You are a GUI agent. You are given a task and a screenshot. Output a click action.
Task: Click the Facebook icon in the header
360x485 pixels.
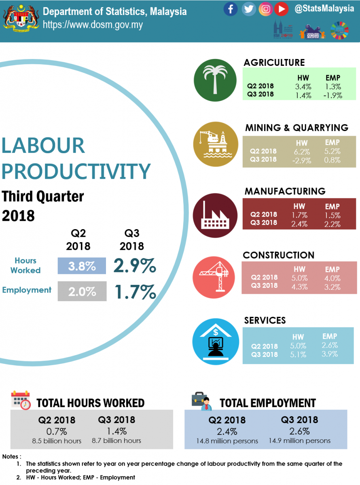click(231, 9)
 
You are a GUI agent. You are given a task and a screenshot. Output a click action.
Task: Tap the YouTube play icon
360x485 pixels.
click(281, 9)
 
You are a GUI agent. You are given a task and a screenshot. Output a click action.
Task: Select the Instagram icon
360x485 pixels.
click(265, 9)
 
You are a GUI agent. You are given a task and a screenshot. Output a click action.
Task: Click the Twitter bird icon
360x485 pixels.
click(249, 9)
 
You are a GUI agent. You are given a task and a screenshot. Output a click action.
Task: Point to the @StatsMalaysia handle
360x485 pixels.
click(324, 8)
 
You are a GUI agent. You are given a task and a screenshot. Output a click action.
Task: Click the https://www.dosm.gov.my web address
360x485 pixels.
click(93, 25)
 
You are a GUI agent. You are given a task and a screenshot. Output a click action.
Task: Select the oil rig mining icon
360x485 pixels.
click(214, 144)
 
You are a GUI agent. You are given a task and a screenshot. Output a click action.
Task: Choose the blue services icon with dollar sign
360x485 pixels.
click(215, 342)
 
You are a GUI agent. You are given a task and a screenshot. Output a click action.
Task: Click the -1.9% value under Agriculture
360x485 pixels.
click(333, 95)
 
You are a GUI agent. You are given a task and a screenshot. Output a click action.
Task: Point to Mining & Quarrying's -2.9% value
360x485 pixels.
click(299, 160)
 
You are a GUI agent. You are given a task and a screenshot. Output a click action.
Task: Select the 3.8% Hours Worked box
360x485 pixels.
click(82, 267)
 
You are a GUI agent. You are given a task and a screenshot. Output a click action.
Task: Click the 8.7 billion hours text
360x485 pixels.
click(116, 441)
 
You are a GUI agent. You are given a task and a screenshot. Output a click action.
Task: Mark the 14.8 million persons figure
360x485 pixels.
click(227, 441)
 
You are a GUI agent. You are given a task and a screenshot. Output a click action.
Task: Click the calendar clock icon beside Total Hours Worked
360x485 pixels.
click(21, 401)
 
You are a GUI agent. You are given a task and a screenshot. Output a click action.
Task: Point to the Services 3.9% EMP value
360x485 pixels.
click(330, 354)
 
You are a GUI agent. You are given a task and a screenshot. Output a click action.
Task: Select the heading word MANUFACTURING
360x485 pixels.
click(285, 191)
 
